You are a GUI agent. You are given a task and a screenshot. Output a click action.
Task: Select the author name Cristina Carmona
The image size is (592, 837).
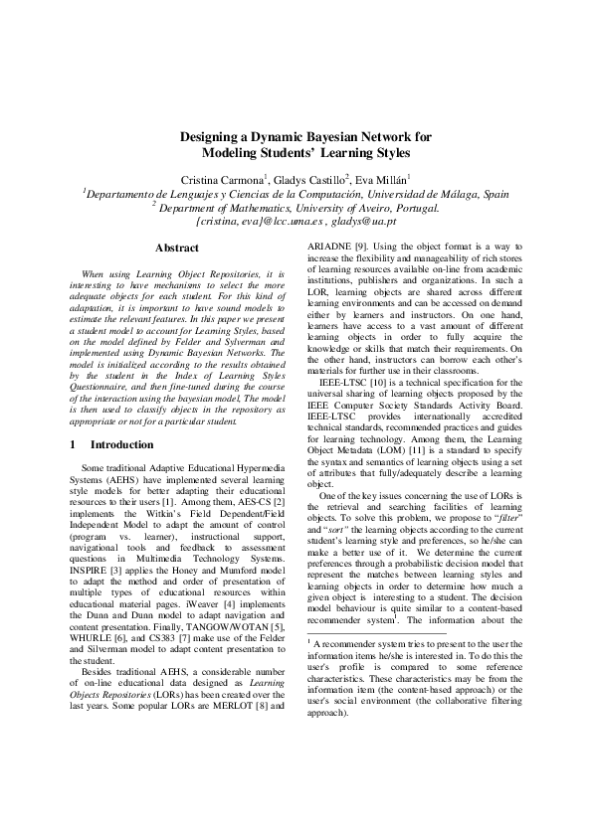[221, 178]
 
